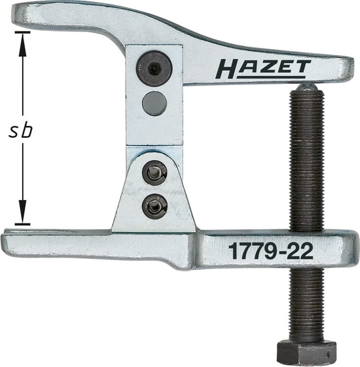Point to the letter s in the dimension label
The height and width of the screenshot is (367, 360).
pyautogui.click(x=12, y=130)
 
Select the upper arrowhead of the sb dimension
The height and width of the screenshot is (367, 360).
pyautogui.click(x=22, y=40)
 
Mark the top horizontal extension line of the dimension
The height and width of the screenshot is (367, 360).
pyautogui.click(x=22, y=31)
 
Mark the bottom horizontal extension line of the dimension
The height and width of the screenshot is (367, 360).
pyautogui.click(x=22, y=225)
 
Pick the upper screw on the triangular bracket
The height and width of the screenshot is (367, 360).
pyautogui.click(x=154, y=174)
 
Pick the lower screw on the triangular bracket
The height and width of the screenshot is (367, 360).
pyautogui.click(x=154, y=207)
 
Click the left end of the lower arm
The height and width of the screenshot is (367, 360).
pyautogui.click(x=8, y=238)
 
